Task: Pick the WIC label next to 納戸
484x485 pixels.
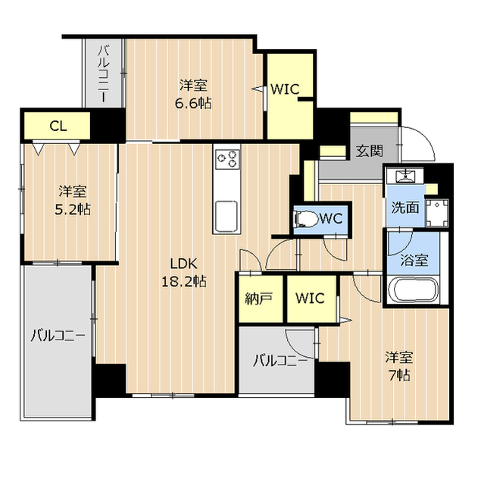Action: [x=310, y=298]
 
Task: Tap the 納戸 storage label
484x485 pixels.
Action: [x=259, y=298]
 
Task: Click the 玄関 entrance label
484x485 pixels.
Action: [x=368, y=150]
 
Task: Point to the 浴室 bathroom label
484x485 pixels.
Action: [x=414, y=261]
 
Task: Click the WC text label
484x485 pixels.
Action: [x=332, y=219]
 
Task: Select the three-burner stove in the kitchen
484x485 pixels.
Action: [x=227, y=158]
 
